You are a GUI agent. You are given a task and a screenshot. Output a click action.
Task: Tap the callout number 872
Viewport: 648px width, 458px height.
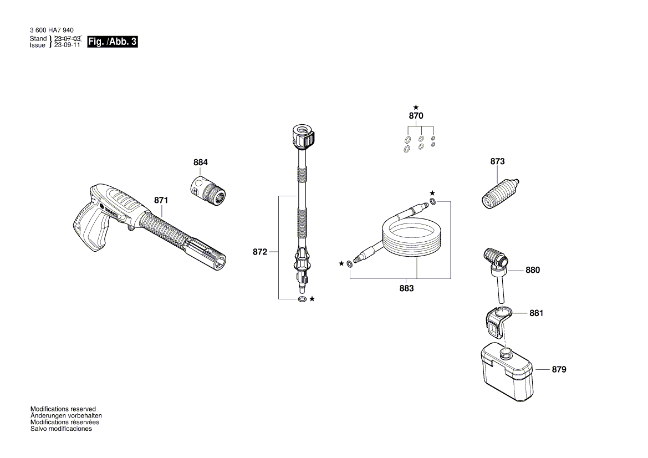tap(260, 252)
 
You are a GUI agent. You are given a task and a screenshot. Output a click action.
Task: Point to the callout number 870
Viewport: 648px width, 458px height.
tap(416, 116)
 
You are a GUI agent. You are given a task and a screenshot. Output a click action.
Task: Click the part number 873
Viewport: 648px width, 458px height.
tap(497, 161)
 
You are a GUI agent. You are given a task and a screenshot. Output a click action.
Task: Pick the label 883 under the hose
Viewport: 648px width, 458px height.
tap(406, 289)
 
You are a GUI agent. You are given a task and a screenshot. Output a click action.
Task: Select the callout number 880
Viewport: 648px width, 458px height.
tap(533, 270)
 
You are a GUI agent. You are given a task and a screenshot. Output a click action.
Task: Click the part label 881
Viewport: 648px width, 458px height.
tap(536, 313)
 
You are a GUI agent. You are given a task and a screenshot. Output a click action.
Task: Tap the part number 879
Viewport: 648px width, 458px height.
tap(559, 369)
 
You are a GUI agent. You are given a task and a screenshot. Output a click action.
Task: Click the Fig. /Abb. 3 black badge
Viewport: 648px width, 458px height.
tap(112, 42)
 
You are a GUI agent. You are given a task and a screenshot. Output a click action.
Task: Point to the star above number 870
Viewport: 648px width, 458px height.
tap(416, 106)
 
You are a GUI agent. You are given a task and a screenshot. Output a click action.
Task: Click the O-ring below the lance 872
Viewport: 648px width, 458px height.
tap(302, 299)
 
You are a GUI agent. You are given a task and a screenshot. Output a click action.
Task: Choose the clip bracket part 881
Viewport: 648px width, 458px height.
tap(497, 321)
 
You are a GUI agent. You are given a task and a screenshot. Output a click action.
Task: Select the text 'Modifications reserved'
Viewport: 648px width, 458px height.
tap(63, 409)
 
